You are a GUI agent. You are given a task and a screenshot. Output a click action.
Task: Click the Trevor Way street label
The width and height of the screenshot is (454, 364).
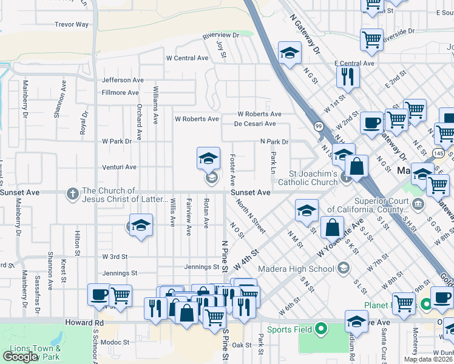click(x=72, y=25)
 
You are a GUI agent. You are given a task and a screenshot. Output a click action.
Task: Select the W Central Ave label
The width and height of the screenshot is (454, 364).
click(x=187, y=58)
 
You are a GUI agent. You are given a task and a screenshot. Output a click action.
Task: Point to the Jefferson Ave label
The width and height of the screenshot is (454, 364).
click(x=123, y=80)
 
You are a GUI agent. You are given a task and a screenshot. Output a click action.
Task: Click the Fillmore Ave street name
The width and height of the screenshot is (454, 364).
click(x=120, y=93)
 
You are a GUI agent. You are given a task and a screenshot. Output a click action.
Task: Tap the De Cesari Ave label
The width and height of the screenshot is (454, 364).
click(x=255, y=124)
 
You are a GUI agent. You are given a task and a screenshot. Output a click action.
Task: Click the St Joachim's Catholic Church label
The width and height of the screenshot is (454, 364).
click(x=307, y=178)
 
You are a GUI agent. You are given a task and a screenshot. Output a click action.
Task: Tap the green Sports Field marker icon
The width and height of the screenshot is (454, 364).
click(x=321, y=329)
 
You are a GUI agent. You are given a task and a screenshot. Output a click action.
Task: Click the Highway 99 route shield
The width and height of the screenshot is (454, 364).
click(x=319, y=126)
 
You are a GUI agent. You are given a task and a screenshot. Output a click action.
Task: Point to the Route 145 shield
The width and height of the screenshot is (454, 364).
click(x=447, y=153)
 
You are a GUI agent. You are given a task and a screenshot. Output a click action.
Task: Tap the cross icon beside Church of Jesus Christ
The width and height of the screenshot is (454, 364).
click(x=72, y=194)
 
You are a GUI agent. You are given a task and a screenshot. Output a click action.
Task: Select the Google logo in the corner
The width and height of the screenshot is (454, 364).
click(x=20, y=356)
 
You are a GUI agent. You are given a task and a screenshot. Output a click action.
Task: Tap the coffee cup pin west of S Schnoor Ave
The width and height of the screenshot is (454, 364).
click(x=99, y=295)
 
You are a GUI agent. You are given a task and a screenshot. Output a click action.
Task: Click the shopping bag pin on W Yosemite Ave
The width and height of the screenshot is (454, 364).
click(x=332, y=228)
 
